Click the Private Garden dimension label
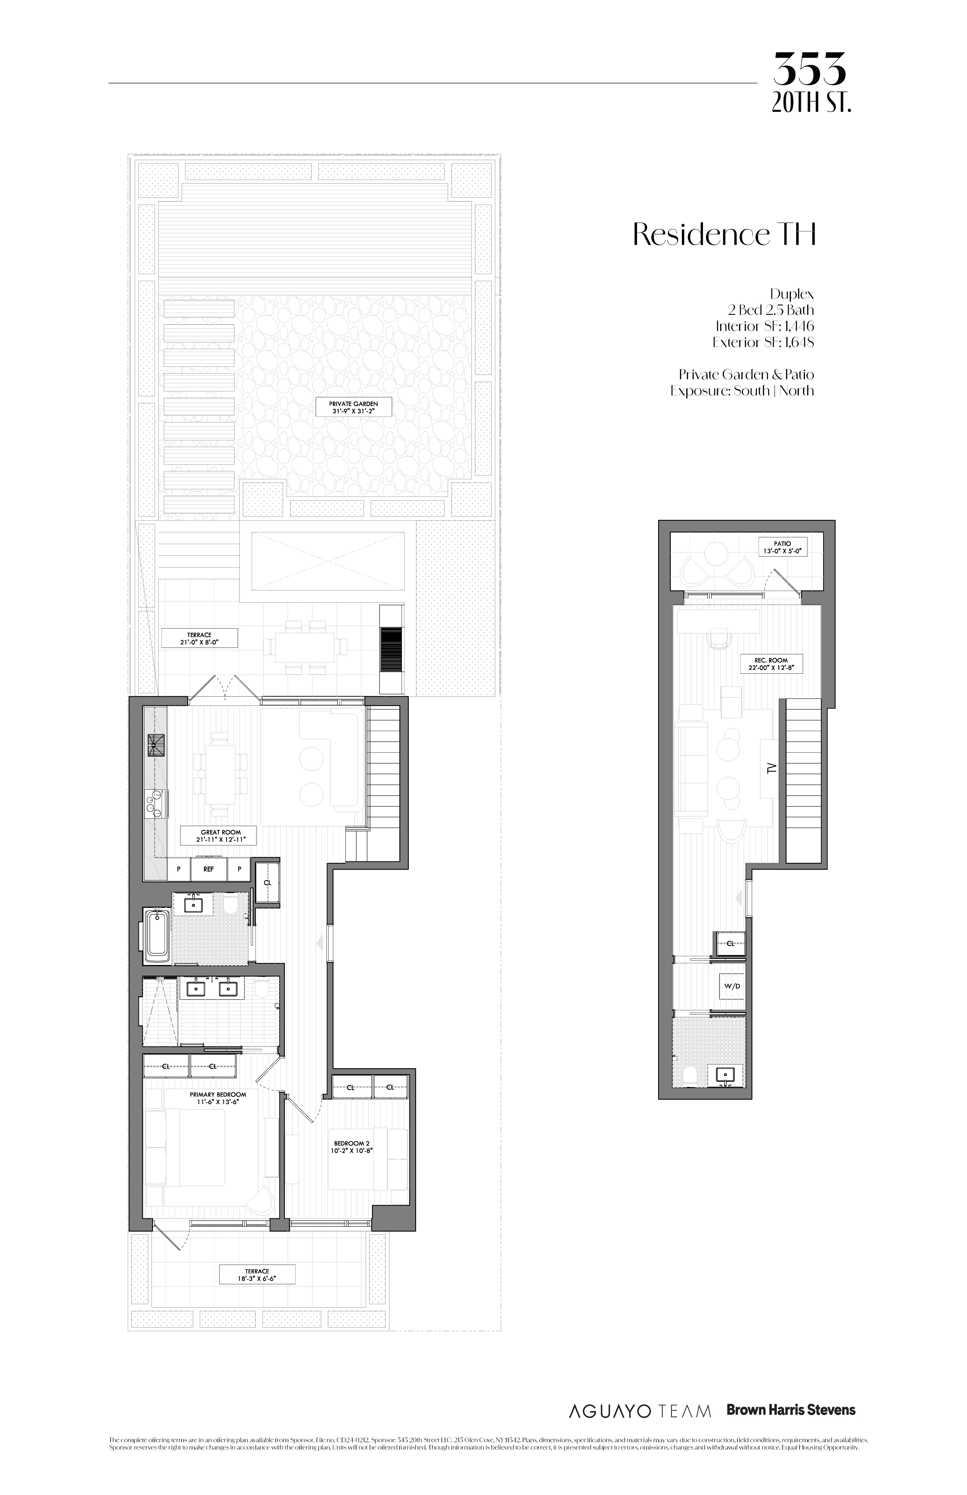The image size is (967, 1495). tap(353, 407)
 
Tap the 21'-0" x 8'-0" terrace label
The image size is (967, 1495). tap(200, 638)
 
